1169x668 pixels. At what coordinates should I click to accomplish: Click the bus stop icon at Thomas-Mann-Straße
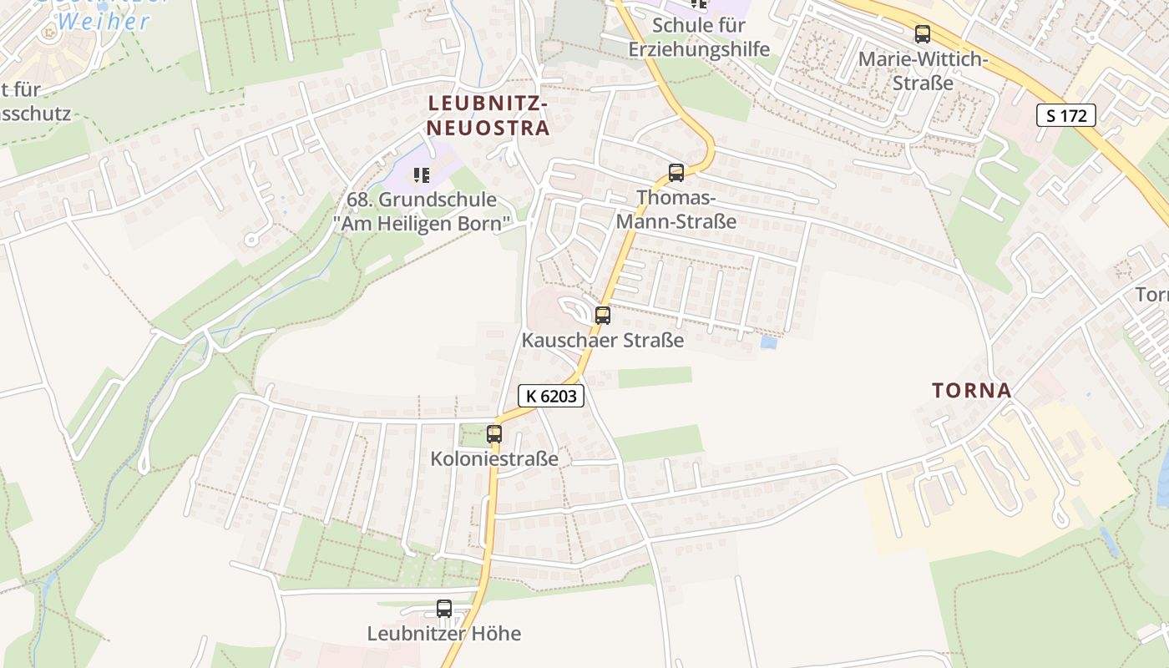676,173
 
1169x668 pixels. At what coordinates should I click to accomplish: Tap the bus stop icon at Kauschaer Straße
602,316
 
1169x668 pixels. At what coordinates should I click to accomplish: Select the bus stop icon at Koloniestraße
494,434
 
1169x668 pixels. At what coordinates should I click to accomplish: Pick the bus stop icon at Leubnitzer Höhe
444,609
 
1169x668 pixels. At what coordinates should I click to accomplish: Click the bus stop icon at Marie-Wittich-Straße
922,34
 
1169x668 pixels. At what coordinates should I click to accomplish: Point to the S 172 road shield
1066,115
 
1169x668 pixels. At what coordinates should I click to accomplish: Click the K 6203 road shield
551,396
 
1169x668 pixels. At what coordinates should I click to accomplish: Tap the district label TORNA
971,390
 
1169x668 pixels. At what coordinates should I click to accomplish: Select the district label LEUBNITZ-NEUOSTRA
488,115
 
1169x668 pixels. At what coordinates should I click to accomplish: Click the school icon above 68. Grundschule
422,175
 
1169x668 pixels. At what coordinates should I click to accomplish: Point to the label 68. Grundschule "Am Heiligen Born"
422,212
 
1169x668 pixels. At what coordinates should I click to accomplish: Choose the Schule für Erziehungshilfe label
699,37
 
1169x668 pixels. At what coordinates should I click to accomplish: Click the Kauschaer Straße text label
602,341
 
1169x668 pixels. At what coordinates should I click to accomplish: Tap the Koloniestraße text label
494,458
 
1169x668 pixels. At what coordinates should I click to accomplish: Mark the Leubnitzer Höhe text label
444,634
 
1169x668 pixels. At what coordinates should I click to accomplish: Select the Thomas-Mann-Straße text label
676,210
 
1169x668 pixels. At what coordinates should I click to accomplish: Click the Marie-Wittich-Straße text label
923,71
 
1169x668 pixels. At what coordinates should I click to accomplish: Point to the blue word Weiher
104,22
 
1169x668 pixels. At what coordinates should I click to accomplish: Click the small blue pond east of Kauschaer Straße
768,342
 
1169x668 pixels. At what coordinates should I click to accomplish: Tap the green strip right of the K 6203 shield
655,377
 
